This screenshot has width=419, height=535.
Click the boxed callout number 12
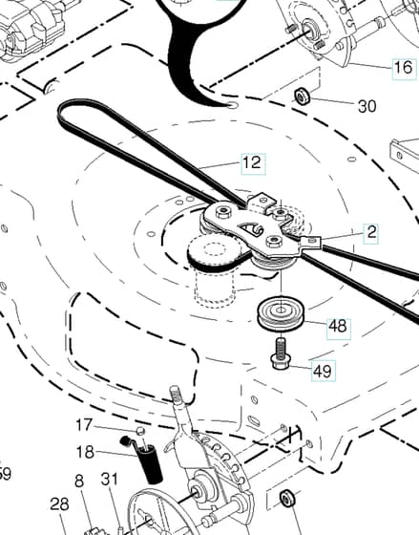tap(253, 164)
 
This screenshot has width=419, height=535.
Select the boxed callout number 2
tap(371, 233)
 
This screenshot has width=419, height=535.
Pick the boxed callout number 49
tap(323, 371)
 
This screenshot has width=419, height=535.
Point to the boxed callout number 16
tap(405, 69)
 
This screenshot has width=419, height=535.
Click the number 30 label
tap(367, 106)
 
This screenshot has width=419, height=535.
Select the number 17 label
tap(84, 425)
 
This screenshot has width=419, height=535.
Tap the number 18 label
tap(85, 452)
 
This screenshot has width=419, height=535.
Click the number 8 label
tap(79, 481)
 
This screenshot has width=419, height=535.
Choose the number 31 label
tap(110, 479)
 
